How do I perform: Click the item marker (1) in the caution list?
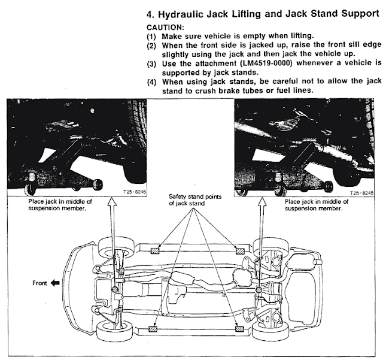point(151,36)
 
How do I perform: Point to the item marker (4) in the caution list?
point(151,81)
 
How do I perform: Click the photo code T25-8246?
point(131,194)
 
